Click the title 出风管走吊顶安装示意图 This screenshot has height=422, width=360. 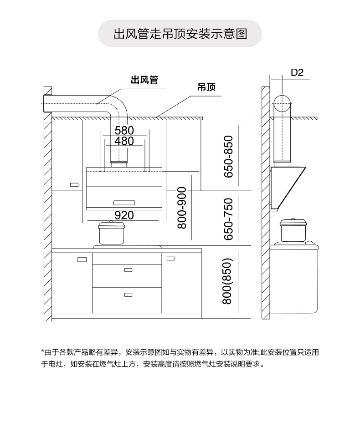click(x=180, y=34)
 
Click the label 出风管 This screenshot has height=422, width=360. click(x=144, y=80)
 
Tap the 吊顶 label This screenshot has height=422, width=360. click(x=206, y=87)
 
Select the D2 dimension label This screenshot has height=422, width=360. click(x=297, y=72)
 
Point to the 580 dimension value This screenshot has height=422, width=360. click(x=124, y=131)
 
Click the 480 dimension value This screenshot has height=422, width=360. click(x=124, y=141)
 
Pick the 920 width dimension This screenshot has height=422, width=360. click(x=124, y=215)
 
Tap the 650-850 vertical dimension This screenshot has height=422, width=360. click(x=229, y=157)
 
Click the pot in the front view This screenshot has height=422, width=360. click(x=111, y=233)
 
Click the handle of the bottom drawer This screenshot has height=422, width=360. click(x=128, y=295)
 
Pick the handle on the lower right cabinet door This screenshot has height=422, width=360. click(x=171, y=259)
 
